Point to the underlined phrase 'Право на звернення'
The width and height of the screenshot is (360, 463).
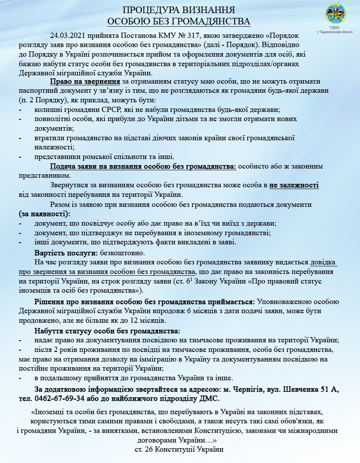pos(84,81)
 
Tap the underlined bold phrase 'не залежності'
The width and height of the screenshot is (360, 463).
pos(294,185)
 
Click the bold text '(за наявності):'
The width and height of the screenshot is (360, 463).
pos(44,214)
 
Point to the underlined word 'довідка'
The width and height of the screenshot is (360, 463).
pos(323,263)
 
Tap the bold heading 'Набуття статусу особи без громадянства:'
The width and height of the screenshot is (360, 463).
pos(107,331)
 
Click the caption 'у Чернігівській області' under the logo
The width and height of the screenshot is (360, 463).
pos(335,32)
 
